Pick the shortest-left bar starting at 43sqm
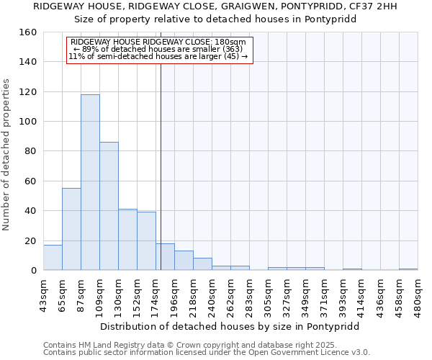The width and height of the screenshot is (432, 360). pyautogui.click(x=53, y=258)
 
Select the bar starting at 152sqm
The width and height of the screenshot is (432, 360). pyautogui.click(x=146, y=241)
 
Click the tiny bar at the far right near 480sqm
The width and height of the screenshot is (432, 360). pyautogui.click(x=408, y=269)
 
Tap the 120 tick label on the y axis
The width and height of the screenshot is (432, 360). pyautogui.click(x=28, y=92)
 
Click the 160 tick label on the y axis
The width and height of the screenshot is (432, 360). pyautogui.click(x=28, y=32)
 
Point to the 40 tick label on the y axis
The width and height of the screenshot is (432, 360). pyautogui.click(x=31, y=211)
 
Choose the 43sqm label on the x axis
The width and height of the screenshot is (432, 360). pyautogui.click(x=43, y=295)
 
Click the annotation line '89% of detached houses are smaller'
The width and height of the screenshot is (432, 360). pyautogui.click(x=158, y=49)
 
